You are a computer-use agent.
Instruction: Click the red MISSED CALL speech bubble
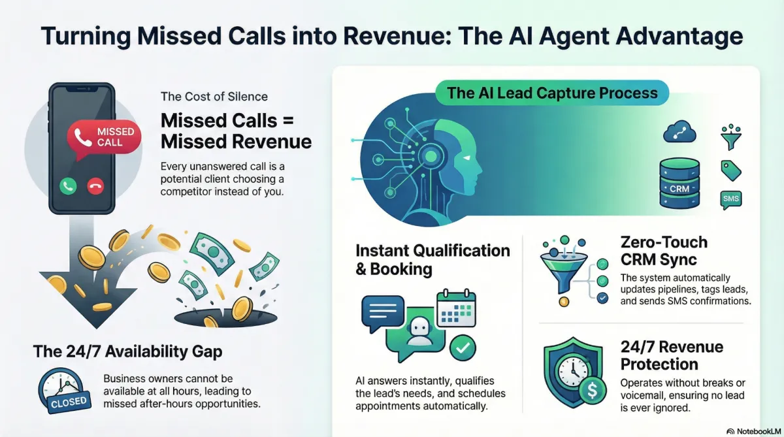(104, 138)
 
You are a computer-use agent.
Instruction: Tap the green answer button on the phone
(68, 186)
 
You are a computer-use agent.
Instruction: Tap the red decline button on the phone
(95, 186)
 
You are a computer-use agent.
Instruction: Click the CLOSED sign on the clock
(69, 402)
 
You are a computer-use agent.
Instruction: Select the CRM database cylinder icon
(679, 183)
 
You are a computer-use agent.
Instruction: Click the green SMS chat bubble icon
(731, 200)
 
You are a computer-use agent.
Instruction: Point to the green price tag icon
(731, 170)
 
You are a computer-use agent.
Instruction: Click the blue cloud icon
(679, 132)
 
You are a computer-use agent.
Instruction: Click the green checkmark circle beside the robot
(463, 348)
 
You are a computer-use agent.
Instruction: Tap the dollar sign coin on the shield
(592, 391)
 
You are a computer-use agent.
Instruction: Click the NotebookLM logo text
(759, 431)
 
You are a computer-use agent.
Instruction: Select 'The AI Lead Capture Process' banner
(552, 93)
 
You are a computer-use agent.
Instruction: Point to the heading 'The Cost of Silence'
(214, 97)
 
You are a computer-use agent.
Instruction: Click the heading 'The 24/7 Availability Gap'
(128, 351)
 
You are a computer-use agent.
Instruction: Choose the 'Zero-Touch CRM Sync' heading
(664, 251)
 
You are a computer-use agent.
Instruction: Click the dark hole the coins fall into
(226, 317)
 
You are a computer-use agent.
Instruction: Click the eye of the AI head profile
(466, 158)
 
